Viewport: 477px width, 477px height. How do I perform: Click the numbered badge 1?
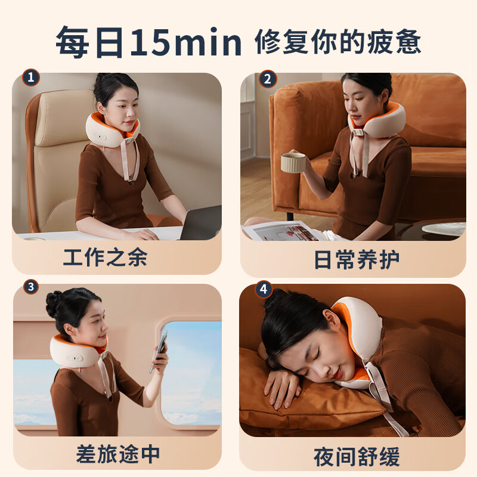tap(31, 78)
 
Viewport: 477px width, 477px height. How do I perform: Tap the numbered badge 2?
tap(268, 79)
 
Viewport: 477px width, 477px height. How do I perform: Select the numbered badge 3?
tap(31, 287)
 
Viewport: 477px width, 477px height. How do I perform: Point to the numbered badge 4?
tap(264, 289)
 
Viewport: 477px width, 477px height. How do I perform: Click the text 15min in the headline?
tap(186, 42)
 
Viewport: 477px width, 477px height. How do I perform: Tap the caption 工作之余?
tap(105, 258)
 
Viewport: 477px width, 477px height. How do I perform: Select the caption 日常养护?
tap(357, 259)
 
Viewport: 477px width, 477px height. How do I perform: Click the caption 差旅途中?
tap(117, 454)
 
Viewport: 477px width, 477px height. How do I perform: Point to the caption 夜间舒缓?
tap(357, 456)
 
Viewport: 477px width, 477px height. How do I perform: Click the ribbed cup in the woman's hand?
tap(293, 163)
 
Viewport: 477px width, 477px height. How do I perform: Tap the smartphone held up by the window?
tap(159, 352)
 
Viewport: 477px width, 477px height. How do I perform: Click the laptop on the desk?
tap(201, 223)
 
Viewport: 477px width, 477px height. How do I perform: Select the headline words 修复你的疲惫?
tap(337, 42)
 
